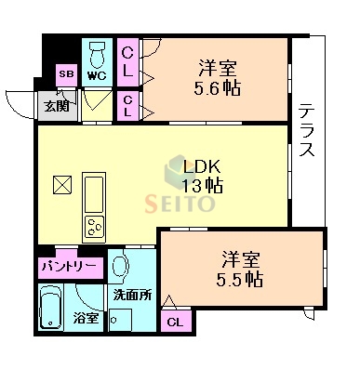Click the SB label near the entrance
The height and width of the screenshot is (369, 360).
tap(67, 73)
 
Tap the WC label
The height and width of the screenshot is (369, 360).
tap(96, 73)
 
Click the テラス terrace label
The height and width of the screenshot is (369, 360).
tap(308, 129)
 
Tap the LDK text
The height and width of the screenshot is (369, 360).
tap(201, 167)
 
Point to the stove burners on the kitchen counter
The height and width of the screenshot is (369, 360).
tap(96, 224)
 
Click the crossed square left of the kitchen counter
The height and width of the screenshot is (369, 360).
tap(61, 184)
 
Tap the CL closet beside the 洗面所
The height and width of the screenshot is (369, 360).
tap(173, 323)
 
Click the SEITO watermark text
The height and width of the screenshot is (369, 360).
tap(181, 203)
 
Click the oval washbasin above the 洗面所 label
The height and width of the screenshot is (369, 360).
tap(119, 267)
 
